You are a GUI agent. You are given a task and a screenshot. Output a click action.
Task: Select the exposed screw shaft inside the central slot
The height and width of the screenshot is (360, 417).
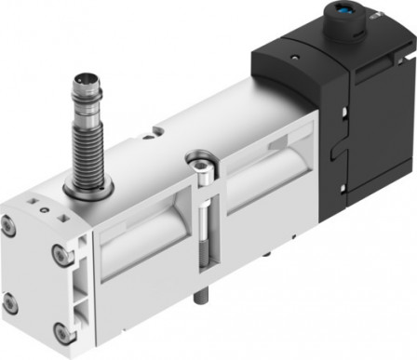[x=202, y=223]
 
